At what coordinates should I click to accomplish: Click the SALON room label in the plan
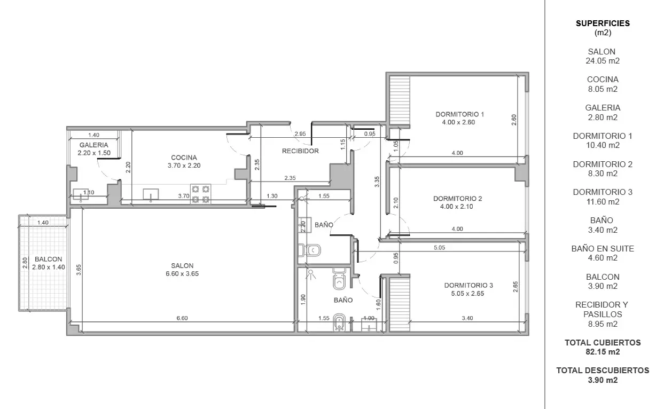pos(182,265)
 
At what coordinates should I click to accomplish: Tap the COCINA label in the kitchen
pos(184,158)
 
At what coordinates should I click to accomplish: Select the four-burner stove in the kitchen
pos(201,194)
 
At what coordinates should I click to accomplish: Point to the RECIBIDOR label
pos(300,151)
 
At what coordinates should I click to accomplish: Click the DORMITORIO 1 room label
pos(460,114)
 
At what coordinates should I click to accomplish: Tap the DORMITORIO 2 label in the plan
pos(457,199)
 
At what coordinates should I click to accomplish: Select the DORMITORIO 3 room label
pos(468,285)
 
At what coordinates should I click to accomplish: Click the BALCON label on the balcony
pos(48,259)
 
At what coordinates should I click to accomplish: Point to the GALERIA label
pos(93,145)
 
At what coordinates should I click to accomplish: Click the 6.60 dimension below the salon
pos(182,318)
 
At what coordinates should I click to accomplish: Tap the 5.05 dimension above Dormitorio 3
pos(439,248)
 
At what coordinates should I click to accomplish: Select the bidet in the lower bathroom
pos(339,323)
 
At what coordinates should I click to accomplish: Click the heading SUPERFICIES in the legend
pos(603,23)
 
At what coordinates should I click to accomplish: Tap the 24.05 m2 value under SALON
pos(603,61)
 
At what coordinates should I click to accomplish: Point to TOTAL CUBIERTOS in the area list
pos(603,343)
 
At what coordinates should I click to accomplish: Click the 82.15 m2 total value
pos(603,352)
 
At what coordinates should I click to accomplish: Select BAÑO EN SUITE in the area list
pos(603,249)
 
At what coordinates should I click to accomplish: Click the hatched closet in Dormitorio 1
pos(400,100)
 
